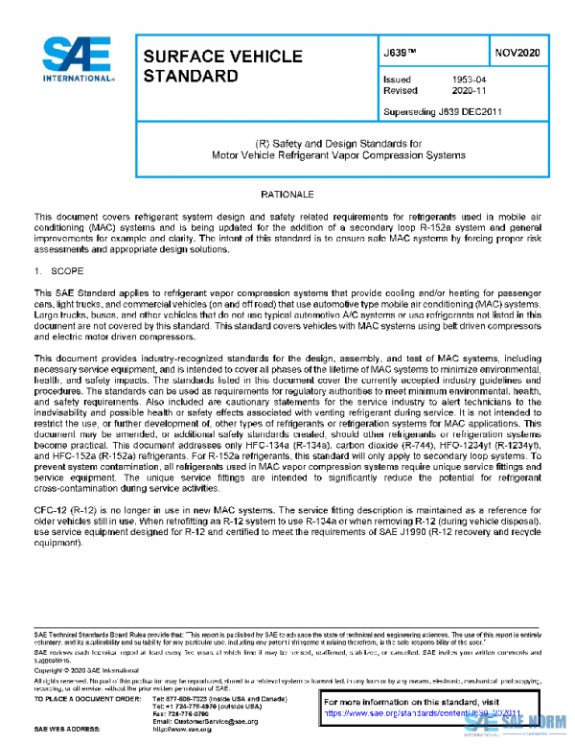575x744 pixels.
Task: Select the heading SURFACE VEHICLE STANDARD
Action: tap(221, 65)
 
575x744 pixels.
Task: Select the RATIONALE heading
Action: tap(287, 195)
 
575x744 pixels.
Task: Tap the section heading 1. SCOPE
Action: tap(61, 272)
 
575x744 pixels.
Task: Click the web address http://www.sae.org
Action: tap(181, 730)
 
